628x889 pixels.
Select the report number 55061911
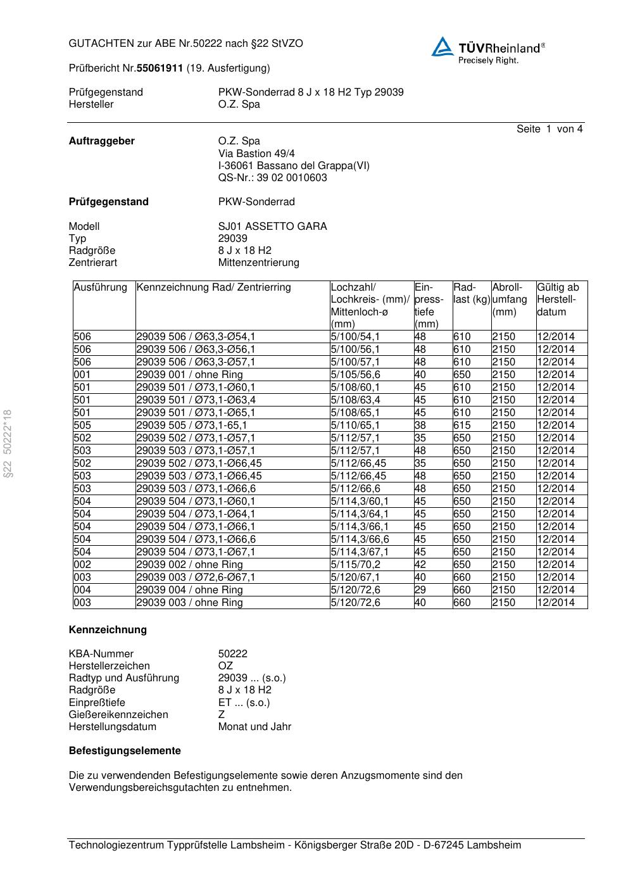[160, 68]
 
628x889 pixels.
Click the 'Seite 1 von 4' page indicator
[549, 129]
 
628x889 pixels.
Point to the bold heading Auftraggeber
[101, 141]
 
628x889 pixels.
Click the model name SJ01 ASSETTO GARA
[272, 227]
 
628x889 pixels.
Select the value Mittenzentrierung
[258, 263]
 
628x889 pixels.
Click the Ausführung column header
[100, 287]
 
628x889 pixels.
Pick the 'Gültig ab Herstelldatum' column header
[558, 299]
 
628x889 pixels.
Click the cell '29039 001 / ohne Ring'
[189, 375]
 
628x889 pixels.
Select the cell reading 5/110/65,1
[355, 426]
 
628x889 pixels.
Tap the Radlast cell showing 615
[462, 426]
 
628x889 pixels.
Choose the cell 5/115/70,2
[355, 565]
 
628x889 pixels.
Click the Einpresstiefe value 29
[420, 590]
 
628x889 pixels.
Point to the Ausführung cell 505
[82, 426]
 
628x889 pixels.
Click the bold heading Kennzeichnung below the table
[108, 630]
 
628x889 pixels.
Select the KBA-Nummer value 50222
[232, 654]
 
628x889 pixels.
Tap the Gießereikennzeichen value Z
[222, 715]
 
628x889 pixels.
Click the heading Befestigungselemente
[125, 751]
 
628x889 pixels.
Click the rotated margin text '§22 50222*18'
[8, 444]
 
